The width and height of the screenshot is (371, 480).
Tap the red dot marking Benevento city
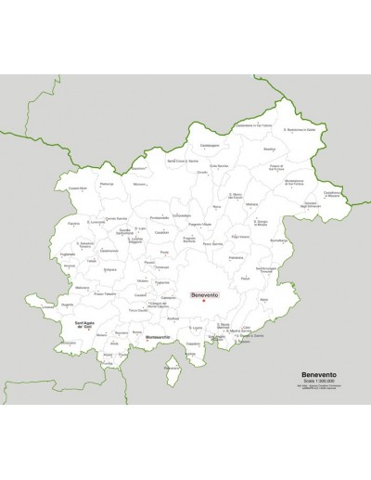tap(204, 301)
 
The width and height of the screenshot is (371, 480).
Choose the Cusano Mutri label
tap(78, 188)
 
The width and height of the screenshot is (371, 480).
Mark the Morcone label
tap(139, 184)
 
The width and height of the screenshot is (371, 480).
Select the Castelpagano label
tap(208, 146)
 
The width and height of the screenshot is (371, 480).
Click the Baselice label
tap(270, 149)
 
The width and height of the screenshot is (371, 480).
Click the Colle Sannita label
tap(219, 165)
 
